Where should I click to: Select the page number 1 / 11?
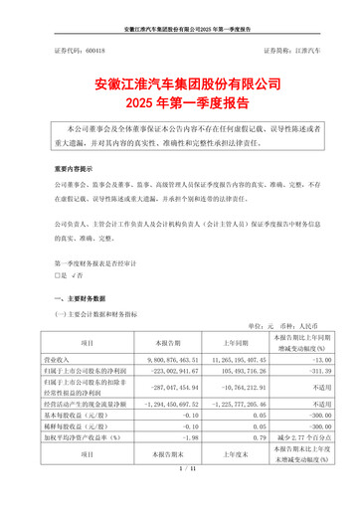pos(179,495)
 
